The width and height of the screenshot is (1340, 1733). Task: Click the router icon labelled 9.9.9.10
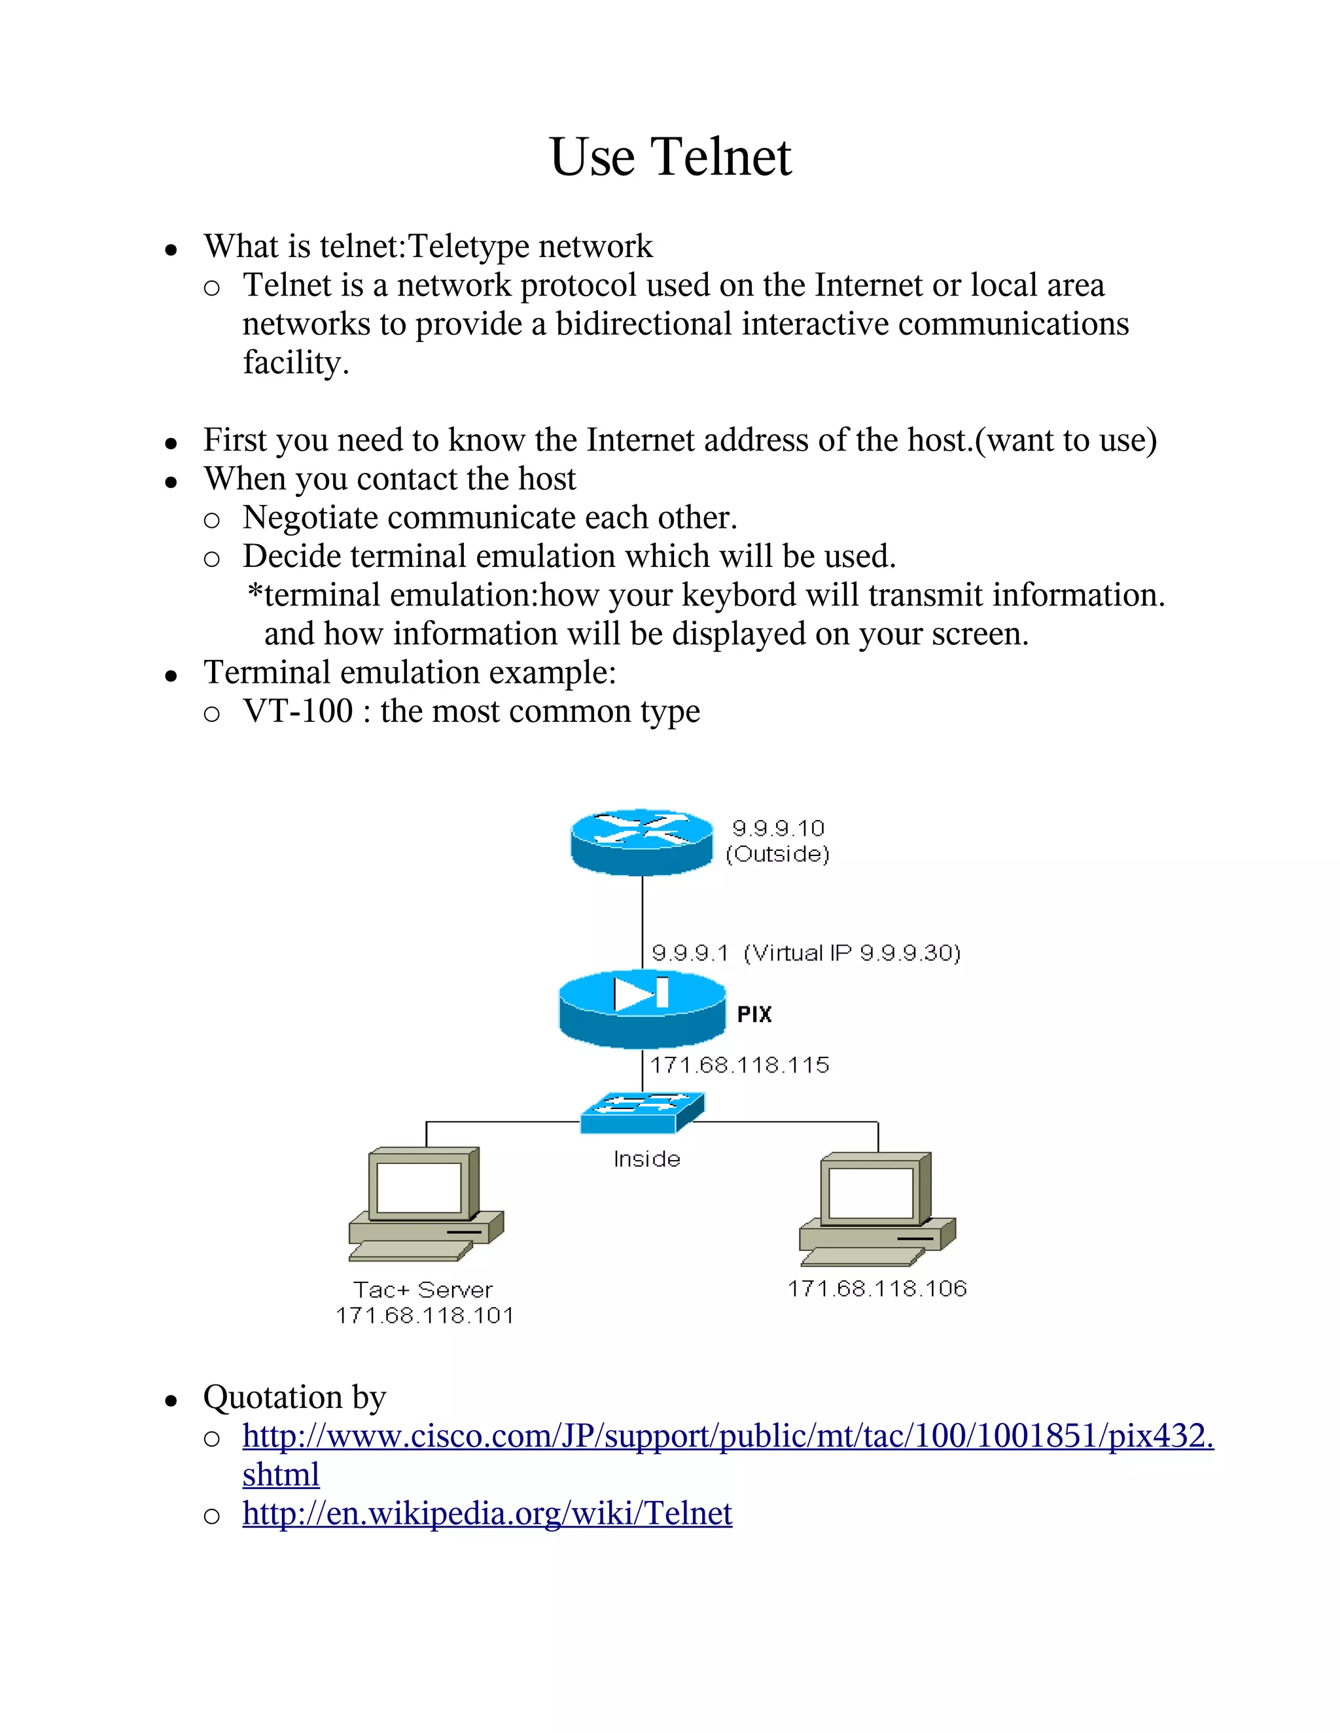coord(641,841)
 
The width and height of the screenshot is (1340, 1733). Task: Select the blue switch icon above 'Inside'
coord(641,1112)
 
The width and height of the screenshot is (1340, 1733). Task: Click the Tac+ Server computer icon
coord(427,1205)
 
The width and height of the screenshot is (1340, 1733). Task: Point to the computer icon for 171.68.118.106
coord(877,1209)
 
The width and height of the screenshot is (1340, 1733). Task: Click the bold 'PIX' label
coord(754,1014)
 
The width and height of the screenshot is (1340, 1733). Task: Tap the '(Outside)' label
coord(777,854)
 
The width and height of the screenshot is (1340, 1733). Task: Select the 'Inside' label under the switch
coord(647,1159)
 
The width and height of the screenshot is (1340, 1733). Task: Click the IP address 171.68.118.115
coord(740,1065)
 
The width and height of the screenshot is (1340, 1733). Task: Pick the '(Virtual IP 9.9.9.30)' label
coord(852,952)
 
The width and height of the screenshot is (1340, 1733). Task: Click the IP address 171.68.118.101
coord(425,1316)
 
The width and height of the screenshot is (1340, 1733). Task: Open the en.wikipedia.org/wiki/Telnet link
coord(487,1513)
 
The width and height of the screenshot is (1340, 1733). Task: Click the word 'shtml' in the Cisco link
coord(281,1474)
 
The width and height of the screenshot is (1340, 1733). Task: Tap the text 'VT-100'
coord(298,711)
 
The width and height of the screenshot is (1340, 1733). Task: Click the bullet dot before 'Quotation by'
coord(171,1401)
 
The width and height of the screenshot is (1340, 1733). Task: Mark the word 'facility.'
coord(295,363)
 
